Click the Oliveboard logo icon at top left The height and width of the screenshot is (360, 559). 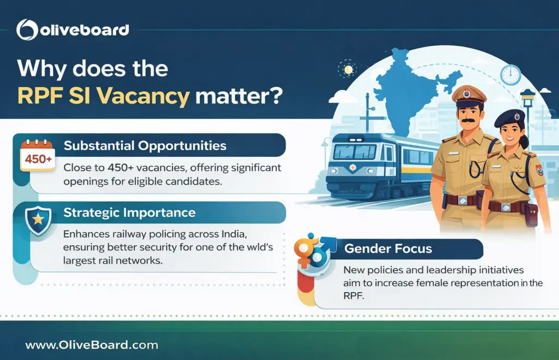point(27,29)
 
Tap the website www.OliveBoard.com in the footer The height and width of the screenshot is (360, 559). point(92,345)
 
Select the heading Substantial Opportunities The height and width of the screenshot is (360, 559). point(145,146)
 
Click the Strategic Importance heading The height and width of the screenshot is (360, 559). point(130,212)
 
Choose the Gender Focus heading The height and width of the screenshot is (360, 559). point(388,249)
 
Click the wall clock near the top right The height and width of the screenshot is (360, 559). point(510,74)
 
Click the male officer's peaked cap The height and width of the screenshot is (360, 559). point(468,94)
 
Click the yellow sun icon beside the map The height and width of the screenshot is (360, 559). point(347,70)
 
